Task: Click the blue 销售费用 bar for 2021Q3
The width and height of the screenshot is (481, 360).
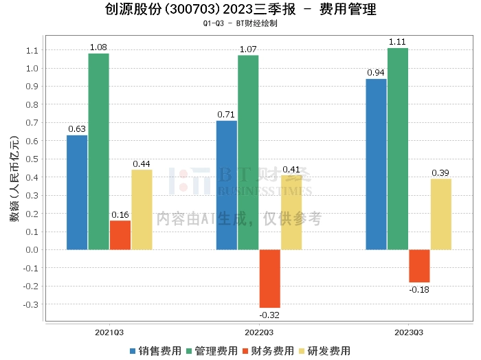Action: click(77, 192)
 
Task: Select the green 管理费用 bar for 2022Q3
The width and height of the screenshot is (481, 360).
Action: click(248, 152)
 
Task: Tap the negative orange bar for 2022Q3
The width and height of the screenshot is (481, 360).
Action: click(269, 278)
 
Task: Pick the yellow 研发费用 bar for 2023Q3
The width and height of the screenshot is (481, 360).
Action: click(441, 214)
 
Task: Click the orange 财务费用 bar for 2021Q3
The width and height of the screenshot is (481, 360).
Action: click(120, 235)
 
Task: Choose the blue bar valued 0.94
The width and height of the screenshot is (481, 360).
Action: click(376, 164)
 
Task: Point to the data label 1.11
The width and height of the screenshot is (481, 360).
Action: click(398, 42)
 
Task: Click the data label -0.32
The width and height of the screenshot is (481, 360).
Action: click(269, 315)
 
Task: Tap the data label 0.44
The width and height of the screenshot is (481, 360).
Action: click(142, 164)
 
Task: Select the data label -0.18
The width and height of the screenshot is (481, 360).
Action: click(419, 289)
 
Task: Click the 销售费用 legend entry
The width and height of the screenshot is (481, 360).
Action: click(155, 351)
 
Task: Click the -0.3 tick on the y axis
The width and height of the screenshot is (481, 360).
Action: click(30, 304)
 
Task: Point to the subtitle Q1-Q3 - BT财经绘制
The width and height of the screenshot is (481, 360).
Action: click(240, 23)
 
